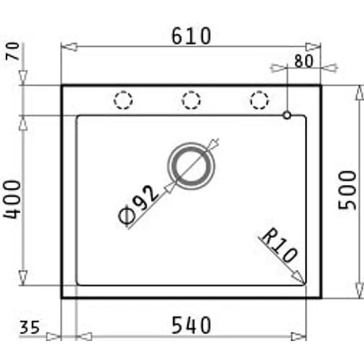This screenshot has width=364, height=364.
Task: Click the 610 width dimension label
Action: [191, 36]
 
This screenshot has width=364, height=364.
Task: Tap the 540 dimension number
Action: [191, 326]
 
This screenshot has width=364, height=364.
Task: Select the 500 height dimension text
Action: [347, 190]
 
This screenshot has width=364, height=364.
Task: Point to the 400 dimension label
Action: [12, 199]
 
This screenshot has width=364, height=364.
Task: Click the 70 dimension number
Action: [12, 51]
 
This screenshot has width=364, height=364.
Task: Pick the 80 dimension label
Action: [304, 61]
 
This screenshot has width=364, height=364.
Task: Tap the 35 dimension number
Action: [30, 327]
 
